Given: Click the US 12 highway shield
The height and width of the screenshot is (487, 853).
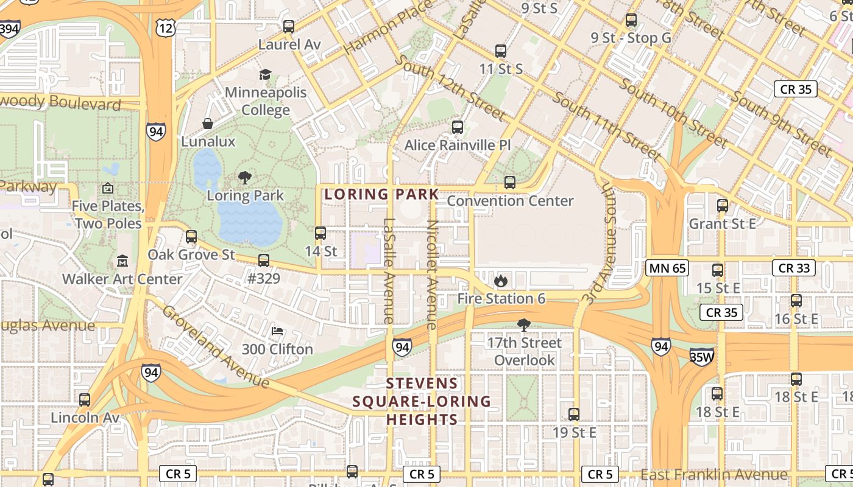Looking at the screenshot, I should coord(166,26).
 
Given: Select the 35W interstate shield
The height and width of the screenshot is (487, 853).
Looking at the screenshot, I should coord(701,357).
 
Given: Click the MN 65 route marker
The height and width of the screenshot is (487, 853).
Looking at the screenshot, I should coord(667,268).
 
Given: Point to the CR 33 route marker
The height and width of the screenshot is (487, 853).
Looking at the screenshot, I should coord(794,268).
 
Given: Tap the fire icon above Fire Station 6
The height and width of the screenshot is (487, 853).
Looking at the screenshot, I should coord(501,281).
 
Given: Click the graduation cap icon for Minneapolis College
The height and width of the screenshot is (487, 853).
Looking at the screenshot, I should coord(265,75).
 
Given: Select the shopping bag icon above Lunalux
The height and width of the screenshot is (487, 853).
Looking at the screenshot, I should coord(208,124).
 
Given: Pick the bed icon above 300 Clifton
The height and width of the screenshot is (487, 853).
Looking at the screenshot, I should coord(277,332).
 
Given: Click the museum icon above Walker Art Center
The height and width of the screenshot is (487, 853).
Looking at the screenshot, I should coord(122,261).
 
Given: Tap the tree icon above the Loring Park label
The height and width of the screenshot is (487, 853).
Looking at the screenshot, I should coord(245,178).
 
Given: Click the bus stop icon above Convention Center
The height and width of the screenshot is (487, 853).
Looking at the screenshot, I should coord(510,183).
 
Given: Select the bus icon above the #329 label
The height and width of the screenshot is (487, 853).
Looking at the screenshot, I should coord(264,261).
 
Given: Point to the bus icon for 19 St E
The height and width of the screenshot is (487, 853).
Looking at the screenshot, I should coord(574,415).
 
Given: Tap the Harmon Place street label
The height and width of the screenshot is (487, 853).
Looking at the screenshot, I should coord(387,27).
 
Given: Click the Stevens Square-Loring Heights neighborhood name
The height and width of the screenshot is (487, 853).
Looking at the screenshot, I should coord(422,401).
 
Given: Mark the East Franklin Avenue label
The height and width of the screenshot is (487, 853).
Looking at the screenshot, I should coord(713,474).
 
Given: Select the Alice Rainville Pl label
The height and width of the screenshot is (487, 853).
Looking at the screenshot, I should coord(458,145).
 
